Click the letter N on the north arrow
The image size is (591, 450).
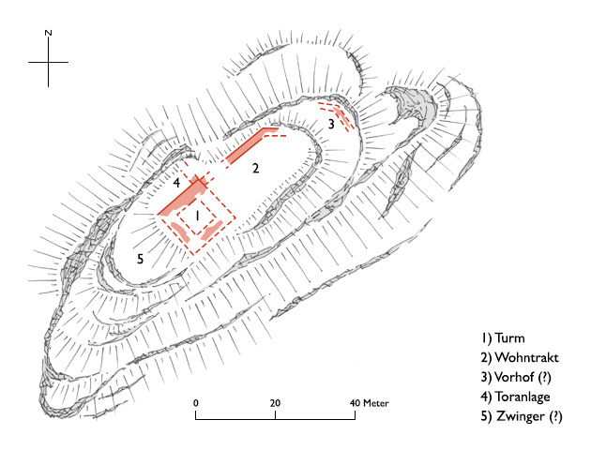coord(48,33)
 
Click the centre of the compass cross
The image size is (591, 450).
coord(48,63)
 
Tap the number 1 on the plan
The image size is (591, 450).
coord(198,216)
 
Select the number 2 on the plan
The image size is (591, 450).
coord(254,170)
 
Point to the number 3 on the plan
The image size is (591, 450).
coord(330,124)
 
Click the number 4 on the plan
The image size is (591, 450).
coord(175,182)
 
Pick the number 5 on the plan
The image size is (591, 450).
coord(140,259)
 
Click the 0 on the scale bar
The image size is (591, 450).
coord(196,403)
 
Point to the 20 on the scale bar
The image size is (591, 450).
coord(275,403)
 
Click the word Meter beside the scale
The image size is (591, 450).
coord(376,403)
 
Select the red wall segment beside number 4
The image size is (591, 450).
coord(184,194)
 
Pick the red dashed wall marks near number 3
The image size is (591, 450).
coord(345,120)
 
